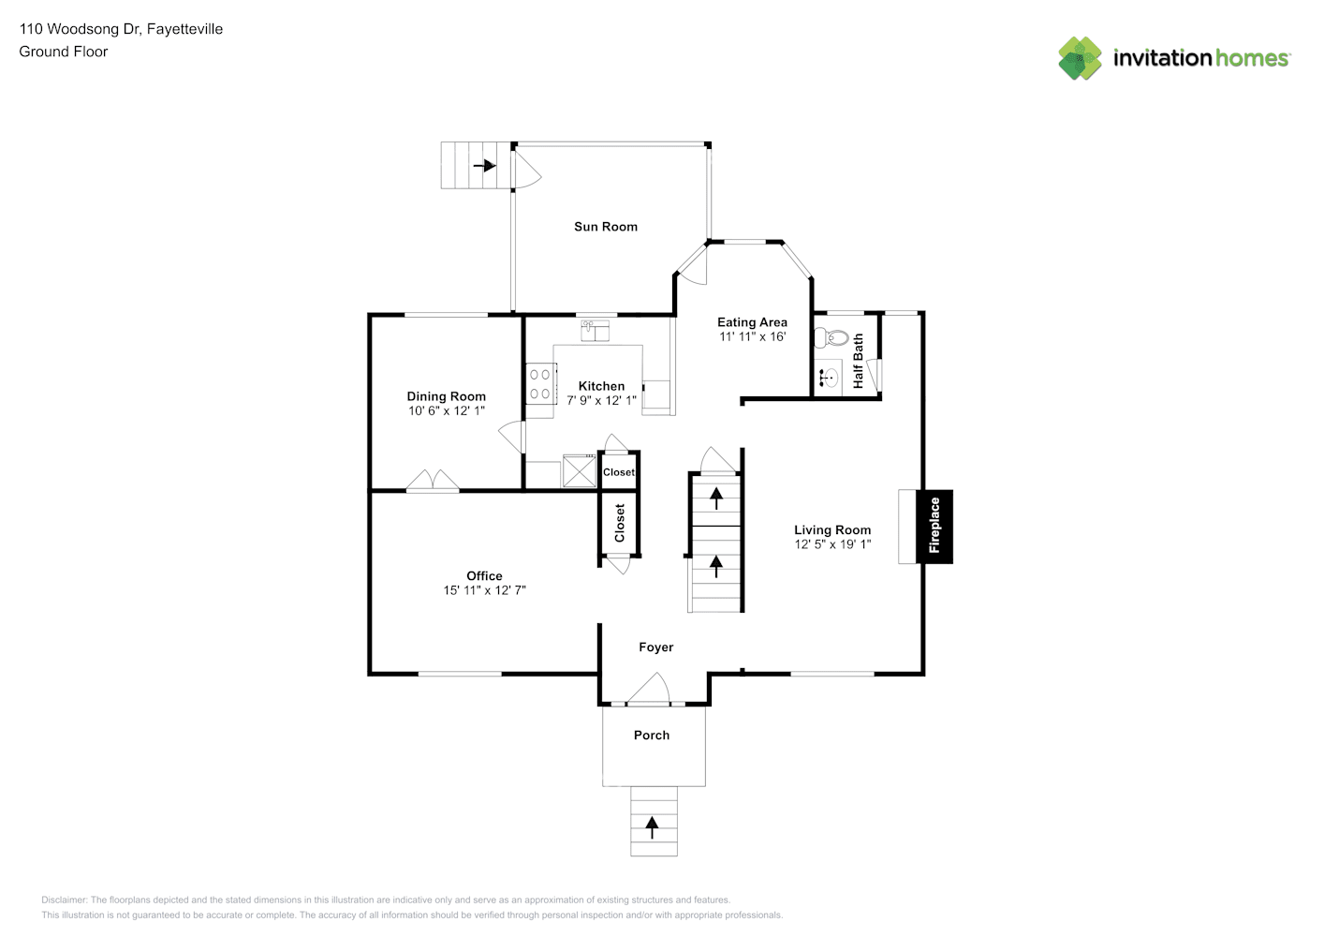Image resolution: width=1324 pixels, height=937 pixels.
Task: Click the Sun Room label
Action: [x=605, y=227]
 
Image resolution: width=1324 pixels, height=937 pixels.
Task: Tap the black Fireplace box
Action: [x=934, y=527]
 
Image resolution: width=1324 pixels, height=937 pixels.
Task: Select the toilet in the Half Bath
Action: [x=833, y=337]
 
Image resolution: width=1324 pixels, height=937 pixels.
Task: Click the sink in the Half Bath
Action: [x=829, y=379]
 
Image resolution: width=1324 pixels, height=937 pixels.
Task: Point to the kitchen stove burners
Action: [x=540, y=384]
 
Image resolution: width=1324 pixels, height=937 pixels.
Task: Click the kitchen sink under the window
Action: [x=595, y=330]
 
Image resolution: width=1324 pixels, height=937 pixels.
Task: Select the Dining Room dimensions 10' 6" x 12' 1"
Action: [x=446, y=410]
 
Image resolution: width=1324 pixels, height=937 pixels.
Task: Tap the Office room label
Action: [x=484, y=575]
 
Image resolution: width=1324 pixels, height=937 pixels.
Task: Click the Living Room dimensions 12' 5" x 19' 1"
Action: [x=832, y=544]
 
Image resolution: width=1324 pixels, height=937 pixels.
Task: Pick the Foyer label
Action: [x=655, y=647]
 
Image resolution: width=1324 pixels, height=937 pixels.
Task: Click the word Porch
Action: [x=652, y=736]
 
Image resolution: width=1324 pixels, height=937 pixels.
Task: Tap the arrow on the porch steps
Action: [x=653, y=826]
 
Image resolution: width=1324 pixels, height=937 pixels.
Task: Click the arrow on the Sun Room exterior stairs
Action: [x=485, y=166]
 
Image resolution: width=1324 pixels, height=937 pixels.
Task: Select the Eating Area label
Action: [x=752, y=322]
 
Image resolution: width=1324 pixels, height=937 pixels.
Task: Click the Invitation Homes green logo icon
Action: [x=1080, y=58]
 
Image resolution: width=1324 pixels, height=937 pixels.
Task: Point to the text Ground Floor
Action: [x=64, y=52]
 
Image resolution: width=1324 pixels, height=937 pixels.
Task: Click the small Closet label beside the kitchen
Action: [x=618, y=472]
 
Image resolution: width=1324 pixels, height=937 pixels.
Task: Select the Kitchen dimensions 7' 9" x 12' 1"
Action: [x=601, y=400]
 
